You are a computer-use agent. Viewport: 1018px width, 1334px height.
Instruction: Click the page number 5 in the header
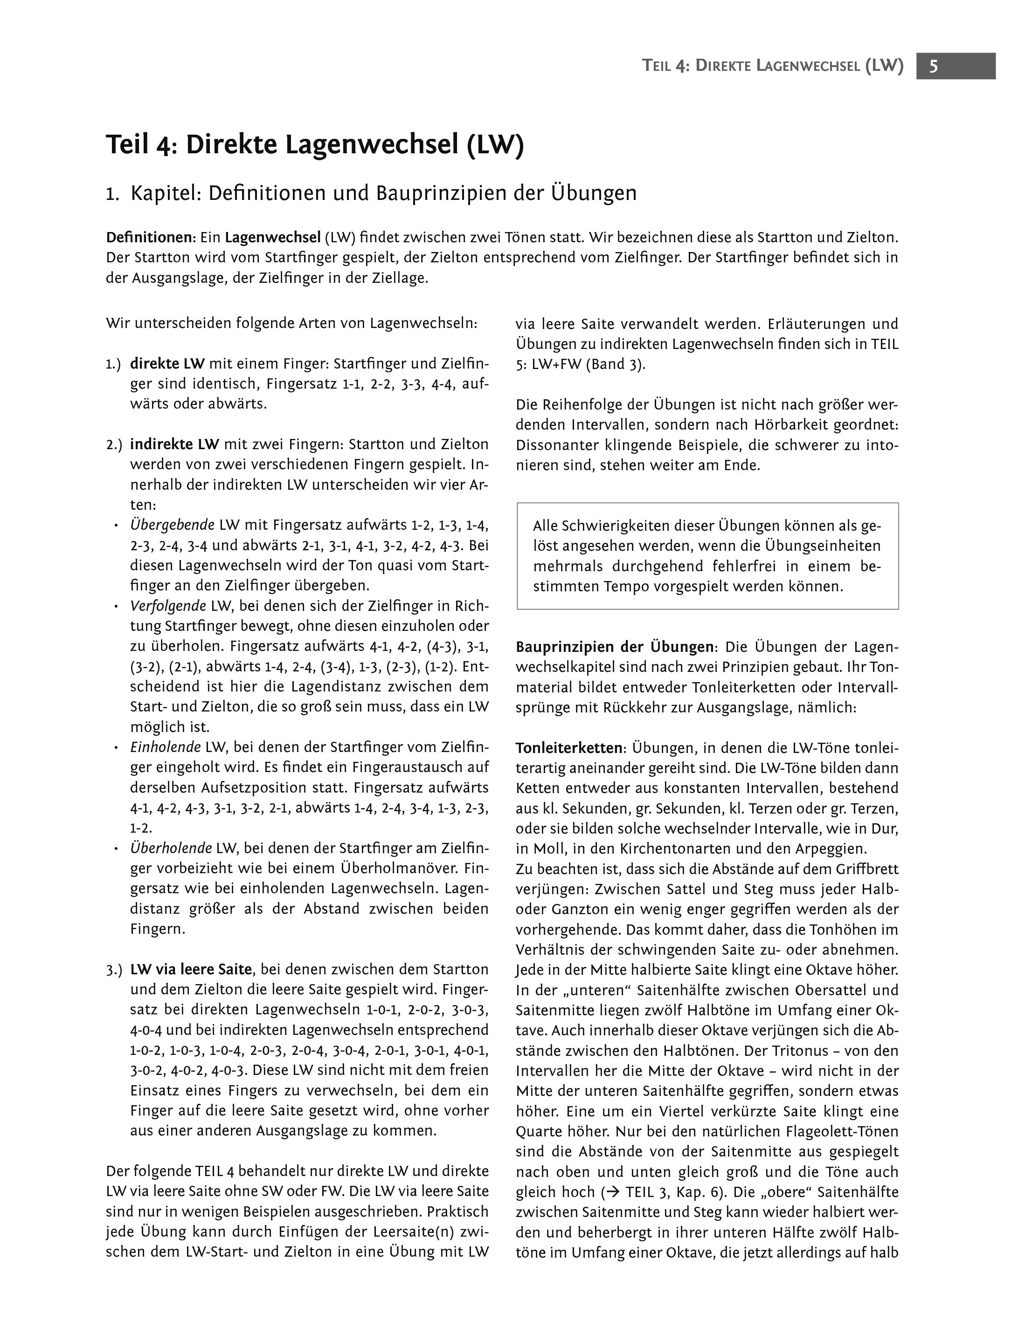coord(934,66)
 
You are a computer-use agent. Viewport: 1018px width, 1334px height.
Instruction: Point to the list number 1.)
coord(113,364)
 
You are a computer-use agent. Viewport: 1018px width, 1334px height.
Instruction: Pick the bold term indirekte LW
coord(174,445)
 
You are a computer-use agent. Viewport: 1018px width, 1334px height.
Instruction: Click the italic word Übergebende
coord(173,525)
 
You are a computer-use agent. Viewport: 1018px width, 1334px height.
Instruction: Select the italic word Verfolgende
coord(168,606)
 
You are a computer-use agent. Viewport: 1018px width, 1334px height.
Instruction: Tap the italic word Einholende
coord(166,747)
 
